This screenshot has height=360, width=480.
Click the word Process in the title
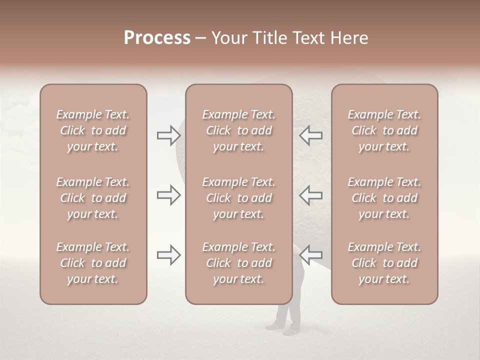[157, 38]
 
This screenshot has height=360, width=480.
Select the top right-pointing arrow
[168, 135]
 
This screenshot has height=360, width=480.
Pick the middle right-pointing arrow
[168, 195]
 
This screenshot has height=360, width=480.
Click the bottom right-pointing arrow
[168, 255]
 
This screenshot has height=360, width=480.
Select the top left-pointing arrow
[311, 135]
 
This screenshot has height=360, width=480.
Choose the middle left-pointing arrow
[311, 195]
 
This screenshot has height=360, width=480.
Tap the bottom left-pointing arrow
[311, 255]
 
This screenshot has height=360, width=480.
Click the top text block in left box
[93, 130]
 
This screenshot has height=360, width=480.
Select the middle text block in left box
[93, 198]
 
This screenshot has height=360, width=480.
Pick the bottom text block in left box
[93, 263]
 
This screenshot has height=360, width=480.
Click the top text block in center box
[238, 130]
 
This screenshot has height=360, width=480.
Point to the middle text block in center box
[238, 198]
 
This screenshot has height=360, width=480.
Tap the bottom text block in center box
[238, 263]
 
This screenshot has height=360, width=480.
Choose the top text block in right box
[384, 130]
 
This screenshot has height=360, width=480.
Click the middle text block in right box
[384, 198]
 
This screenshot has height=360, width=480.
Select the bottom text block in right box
[384, 263]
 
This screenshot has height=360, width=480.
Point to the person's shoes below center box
[283, 328]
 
